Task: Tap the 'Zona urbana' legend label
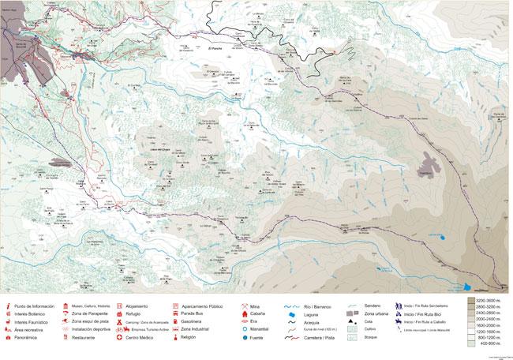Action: click(383, 313)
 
